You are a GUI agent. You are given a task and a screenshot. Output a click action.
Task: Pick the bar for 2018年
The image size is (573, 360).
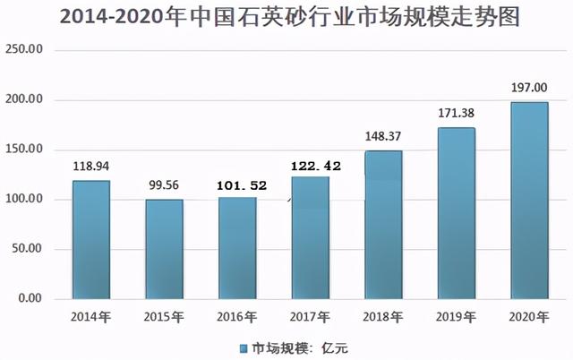(x=383, y=224)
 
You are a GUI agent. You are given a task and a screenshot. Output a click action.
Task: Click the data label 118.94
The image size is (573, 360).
(x=90, y=167)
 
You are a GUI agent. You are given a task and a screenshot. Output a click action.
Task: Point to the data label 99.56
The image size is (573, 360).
(x=164, y=185)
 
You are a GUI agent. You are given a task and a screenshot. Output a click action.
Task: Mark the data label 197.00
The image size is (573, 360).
(x=529, y=89)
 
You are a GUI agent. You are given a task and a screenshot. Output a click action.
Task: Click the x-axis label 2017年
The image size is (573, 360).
(x=311, y=316)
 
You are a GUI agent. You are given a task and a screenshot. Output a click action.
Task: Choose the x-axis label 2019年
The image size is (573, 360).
(x=456, y=316)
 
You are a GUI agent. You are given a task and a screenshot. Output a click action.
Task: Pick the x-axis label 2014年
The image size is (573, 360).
(x=91, y=316)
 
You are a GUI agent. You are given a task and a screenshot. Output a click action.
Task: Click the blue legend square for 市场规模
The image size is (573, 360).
(x=242, y=346)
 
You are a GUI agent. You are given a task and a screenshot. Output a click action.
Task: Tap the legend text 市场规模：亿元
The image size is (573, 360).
(x=292, y=346)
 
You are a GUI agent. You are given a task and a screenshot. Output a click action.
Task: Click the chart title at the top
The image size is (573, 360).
(x=286, y=18)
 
